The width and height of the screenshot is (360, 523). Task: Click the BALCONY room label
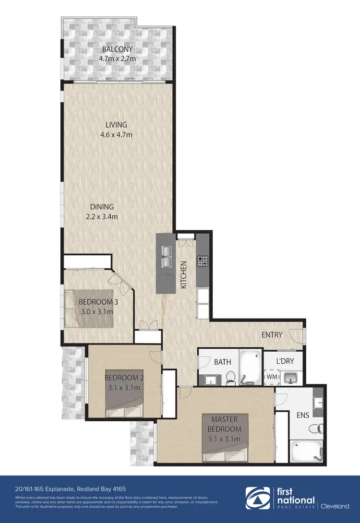coord(117,49)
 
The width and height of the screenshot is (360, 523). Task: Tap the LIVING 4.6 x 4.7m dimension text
coord(114,135)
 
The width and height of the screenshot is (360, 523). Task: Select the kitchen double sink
coord(167,256)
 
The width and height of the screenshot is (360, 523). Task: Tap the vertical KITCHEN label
coord(183,274)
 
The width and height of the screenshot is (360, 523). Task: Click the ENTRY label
coord(272,334)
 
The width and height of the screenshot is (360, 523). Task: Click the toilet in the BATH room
coord(231,377)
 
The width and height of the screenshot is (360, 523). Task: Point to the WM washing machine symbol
coord(272,377)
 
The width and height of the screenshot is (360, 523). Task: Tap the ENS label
coord(303,415)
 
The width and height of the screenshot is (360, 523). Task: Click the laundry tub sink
coord(290,379)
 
